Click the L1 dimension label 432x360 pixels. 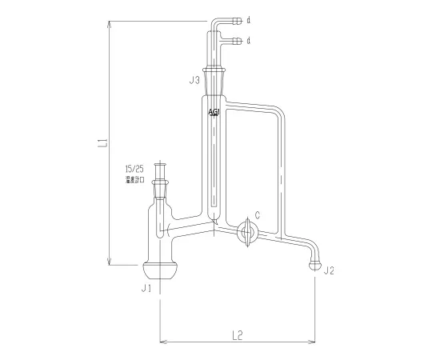coord(102,144)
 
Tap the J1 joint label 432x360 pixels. coord(146,287)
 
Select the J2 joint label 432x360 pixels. coord(329,270)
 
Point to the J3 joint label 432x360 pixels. coord(194,81)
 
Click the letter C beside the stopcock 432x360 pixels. coord(257,215)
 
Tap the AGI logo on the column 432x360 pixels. coord(214,112)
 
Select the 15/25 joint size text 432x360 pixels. coord(133,170)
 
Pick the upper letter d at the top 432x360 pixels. coord(250,21)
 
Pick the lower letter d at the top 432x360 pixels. coord(250,40)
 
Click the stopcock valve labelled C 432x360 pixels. coord(247,232)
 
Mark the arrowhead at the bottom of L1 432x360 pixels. coord(109,261)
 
